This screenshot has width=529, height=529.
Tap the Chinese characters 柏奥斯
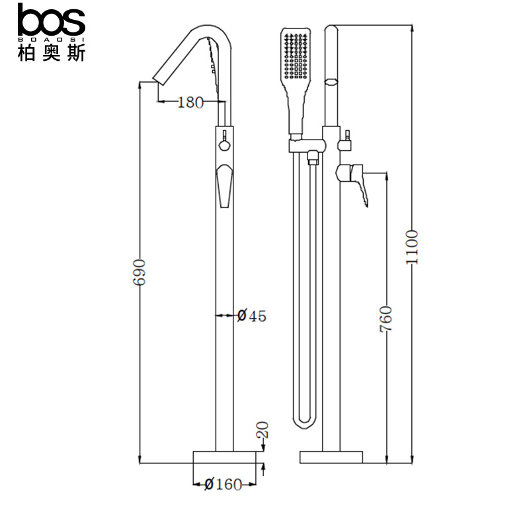point(52,53)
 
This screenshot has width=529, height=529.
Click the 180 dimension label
point(190,102)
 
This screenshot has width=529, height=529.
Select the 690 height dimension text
point(139,272)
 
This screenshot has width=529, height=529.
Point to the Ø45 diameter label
point(252,316)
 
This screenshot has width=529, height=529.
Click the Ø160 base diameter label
point(224,485)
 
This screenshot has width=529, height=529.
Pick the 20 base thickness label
point(263,430)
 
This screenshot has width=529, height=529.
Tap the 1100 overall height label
point(412,247)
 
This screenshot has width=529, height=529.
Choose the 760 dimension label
point(386,319)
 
